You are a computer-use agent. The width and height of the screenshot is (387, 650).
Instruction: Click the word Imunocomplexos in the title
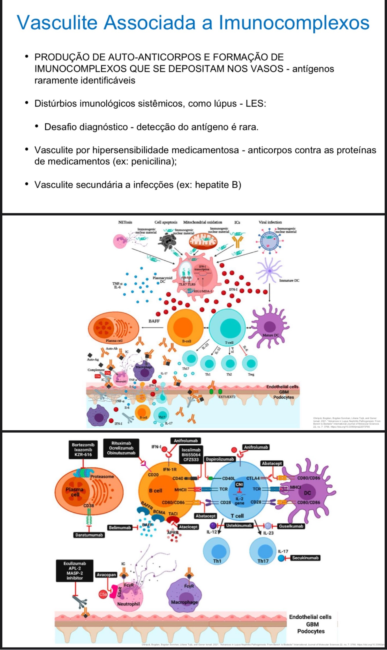pos(294,22)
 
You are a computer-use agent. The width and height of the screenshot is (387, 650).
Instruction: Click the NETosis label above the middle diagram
pos(125,222)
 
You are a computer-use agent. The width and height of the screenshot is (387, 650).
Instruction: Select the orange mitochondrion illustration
pos(203,242)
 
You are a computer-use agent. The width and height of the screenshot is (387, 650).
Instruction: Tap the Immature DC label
pos(289,281)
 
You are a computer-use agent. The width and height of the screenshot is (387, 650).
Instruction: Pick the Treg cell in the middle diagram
pos(251,363)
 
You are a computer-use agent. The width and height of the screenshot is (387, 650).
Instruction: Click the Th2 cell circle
pos(229,363)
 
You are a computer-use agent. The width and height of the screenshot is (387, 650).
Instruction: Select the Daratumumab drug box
pos(89,535)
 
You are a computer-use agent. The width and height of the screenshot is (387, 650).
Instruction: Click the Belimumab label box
pos(120,527)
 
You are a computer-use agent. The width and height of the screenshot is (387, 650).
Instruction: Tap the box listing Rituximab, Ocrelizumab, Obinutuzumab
pos(121,448)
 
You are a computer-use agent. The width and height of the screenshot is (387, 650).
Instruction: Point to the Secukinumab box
pos(305,558)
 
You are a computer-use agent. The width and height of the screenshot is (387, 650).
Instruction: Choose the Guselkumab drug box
pos(291,526)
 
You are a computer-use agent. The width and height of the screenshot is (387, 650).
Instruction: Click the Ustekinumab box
pos(239,525)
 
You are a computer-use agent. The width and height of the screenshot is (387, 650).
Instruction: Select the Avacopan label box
pos(106,575)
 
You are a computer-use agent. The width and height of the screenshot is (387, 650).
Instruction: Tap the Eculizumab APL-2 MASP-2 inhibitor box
pos(75,571)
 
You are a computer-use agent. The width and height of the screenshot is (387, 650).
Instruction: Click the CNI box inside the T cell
pos(239,485)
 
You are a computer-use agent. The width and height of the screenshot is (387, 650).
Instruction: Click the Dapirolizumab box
pos(220,459)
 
